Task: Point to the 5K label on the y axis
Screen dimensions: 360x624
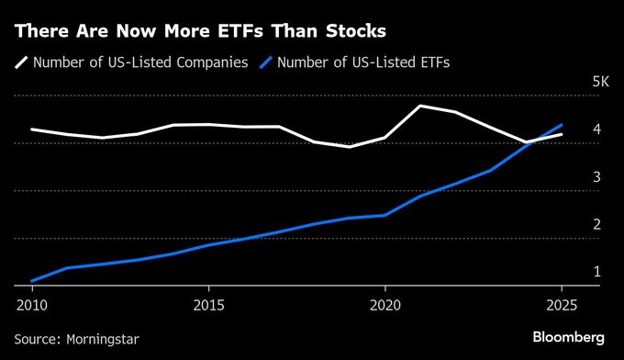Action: pyautogui.click(x=600, y=82)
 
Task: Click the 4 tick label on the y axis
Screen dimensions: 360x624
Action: pyautogui.click(x=596, y=129)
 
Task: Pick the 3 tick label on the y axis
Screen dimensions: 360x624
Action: pyautogui.click(x=596, y=177)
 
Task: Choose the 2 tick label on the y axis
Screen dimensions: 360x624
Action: pyautogui.click(x=596, y=225)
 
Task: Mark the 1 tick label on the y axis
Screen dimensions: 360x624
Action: pyautogui.click(x=596, y=272)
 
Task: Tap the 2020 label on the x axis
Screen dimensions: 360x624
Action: pyautogui.click(x=384, y=303)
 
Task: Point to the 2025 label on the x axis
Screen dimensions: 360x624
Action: pyautogui.click(x=562, y=303)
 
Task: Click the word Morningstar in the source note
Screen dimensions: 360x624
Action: pyautogui.click(x=103, y=339)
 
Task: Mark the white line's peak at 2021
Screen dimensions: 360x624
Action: pyautogui.click(x=419, y=106)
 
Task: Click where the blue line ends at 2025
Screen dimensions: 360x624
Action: pyautogui.click(x=562, y=125)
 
